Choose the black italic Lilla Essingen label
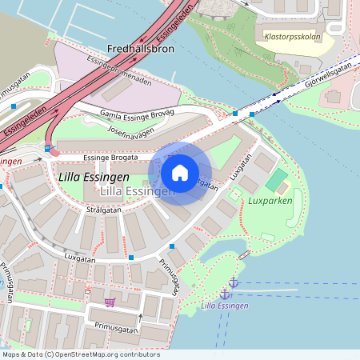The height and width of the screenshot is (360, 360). [x=94, y=176]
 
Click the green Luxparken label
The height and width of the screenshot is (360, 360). [x=270, y=200]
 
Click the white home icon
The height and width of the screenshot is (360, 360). [x=180, y=173]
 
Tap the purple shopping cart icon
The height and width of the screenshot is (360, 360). [x=110, y=302]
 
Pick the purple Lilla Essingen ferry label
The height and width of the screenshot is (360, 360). [x=225, y=306]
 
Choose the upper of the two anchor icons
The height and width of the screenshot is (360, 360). [x=234, y=282]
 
